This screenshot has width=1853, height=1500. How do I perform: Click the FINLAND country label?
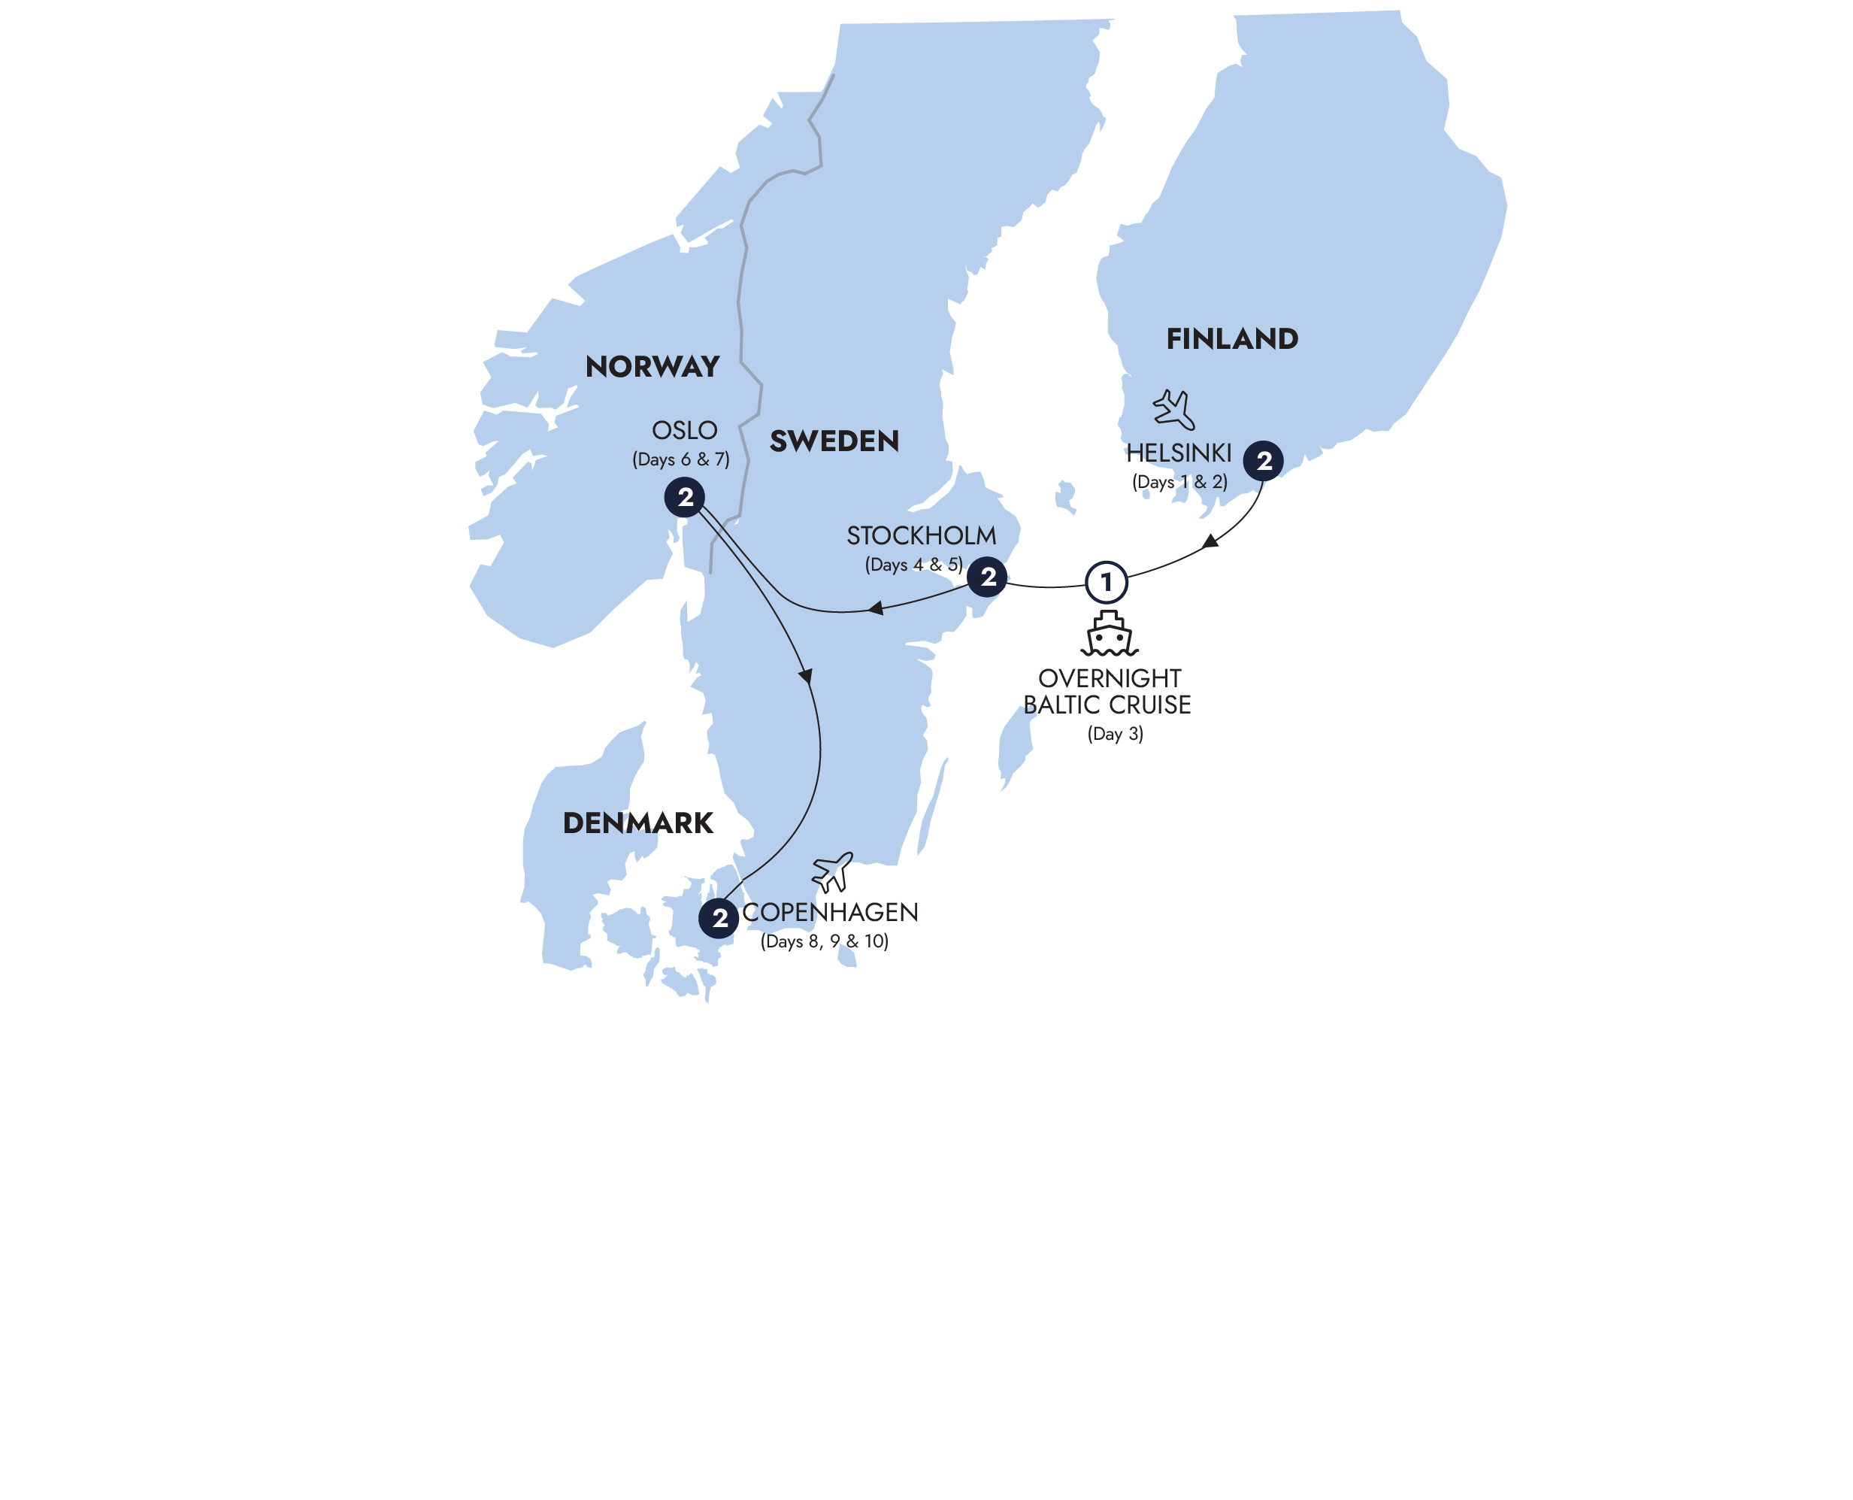click(x=1232, y=338)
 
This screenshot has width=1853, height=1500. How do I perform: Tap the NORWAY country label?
click(x=652, y=366)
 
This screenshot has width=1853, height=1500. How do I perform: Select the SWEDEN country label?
click(x=834, y=441)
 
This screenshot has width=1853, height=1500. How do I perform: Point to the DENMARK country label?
click(x=637, y=823)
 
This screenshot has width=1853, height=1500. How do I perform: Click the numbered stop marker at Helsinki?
click(x=1263, y=461)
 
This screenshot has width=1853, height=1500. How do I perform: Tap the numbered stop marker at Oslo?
click(x=684, y=497)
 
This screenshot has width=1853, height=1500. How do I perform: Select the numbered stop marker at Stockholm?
click(x=988, y=577)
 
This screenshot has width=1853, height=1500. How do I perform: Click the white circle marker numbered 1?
click(x=1106, y=583)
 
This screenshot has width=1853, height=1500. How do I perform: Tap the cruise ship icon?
click(x=1110, y=635)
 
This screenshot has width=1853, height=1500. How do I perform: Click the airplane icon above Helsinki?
click(x=1174, y=410)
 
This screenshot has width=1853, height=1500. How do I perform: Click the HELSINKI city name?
click(x=1178, y=453)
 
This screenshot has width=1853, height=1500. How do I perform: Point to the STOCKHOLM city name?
click(x=921, y=535)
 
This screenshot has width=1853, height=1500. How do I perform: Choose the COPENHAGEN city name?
click(x=830, y=913)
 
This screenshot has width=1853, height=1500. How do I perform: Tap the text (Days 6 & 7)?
click(x=681, y=459)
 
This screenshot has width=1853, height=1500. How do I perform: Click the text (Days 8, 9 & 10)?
click(x=824, y=941)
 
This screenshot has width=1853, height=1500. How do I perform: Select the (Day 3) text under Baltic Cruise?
click(x=1114, y=734)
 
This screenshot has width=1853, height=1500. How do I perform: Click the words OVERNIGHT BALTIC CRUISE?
click(x=1107, y=691)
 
